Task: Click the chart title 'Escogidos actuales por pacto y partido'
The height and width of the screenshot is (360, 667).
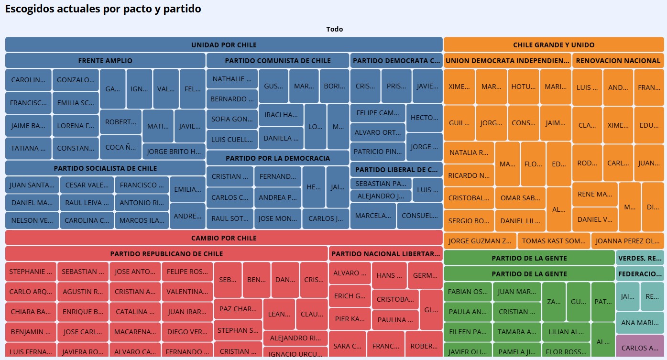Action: (103, 9)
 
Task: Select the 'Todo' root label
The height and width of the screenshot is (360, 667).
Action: (334, 29)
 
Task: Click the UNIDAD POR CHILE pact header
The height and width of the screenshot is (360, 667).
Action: (224, 45)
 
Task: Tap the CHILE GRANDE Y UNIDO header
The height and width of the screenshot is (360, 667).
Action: (554, 45)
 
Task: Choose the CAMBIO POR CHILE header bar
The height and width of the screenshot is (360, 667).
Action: (224, 238)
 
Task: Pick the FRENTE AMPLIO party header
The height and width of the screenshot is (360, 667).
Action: (105, 61)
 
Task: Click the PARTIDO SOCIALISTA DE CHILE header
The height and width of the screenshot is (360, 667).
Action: (105, 168)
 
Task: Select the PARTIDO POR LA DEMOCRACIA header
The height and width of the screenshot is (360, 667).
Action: (278, 158)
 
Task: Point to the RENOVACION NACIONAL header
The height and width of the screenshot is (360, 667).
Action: (618, 61)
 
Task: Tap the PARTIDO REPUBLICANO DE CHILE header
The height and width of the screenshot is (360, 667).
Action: (166, 254)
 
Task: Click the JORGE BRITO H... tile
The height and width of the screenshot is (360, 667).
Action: (174, 152)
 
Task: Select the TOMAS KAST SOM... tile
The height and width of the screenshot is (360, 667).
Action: (554, 241)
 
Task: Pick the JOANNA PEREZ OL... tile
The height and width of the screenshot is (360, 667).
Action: (627, 241)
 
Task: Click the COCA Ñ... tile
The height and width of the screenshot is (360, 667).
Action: (121, 147)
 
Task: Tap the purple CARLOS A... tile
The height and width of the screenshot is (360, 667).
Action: (640, 348)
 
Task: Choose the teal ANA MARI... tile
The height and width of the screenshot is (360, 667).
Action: (640, 323)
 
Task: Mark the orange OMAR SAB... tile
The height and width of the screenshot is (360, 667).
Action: (520, 198)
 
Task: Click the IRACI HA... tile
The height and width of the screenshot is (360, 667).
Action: (281, 115)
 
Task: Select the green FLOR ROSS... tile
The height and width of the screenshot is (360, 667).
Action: (566, 351)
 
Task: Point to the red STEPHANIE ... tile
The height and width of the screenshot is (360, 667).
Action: (31, 272)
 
